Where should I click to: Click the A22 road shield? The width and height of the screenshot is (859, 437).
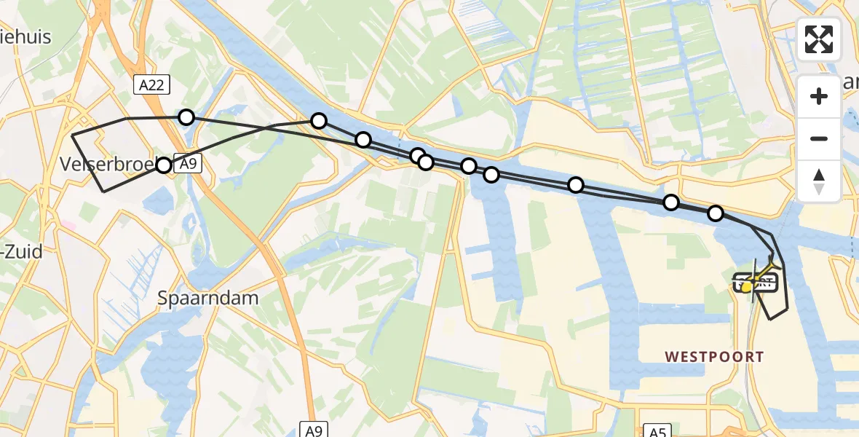tap(151, 84)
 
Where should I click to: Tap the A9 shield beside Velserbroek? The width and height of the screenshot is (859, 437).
tap(189, 165)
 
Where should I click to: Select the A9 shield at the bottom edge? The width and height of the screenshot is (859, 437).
tap(313, 430)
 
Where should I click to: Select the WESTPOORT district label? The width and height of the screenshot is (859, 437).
tap(714, 357)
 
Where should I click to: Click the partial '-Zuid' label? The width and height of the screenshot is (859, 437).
tap(22, 252)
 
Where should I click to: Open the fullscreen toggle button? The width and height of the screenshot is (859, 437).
tap(819, 39)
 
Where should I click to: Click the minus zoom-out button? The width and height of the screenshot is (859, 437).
tap(819, 138)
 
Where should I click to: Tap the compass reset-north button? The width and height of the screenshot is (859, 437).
tap(819, 181)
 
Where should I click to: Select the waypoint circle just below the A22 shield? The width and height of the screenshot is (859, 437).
tap(186, 117)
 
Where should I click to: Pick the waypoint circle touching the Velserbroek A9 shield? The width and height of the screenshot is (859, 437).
tap(164, 165)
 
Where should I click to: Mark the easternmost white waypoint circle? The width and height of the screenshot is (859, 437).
tap(716, 213)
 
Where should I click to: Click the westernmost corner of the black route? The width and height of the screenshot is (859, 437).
tap(72, 135)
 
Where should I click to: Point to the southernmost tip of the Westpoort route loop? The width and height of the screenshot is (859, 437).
tap(770, 319)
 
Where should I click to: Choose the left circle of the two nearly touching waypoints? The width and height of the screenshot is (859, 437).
tap(417, 155)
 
